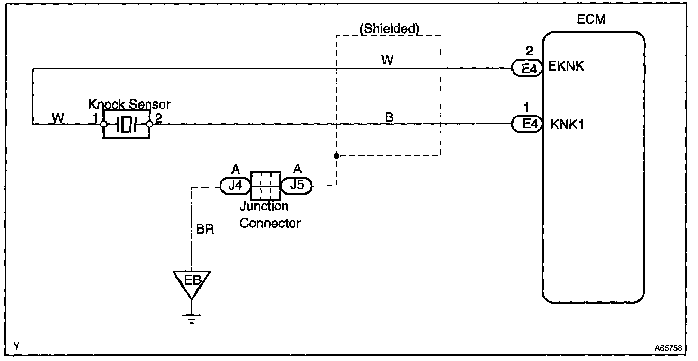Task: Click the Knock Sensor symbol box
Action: (126, 125)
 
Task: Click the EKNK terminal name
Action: (566, 66)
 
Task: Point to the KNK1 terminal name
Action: (567, 125)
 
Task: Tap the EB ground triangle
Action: (191, 281)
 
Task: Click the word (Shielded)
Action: (390, 29)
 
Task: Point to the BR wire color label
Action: (205, 229)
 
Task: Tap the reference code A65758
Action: (669, 347)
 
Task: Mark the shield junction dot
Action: (336, 155)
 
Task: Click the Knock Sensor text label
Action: (129, 104)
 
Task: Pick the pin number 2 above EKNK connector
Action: (530, 51)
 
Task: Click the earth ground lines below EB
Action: (191, 318)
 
